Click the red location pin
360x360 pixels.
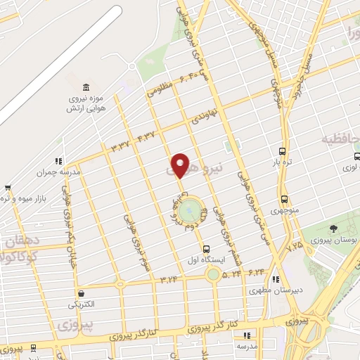pos(181,165)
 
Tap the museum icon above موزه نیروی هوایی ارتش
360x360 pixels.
pos(86,86)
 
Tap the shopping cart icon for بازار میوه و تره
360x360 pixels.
pos(8,188)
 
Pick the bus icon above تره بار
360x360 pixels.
pos(282,151)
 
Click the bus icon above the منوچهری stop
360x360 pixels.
pos(284,199)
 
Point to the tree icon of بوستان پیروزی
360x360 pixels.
pos(333,229)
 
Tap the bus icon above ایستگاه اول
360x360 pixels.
pos(206,248)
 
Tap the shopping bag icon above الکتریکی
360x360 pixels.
pos(82,293)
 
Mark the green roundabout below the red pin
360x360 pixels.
pos(190,210)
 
